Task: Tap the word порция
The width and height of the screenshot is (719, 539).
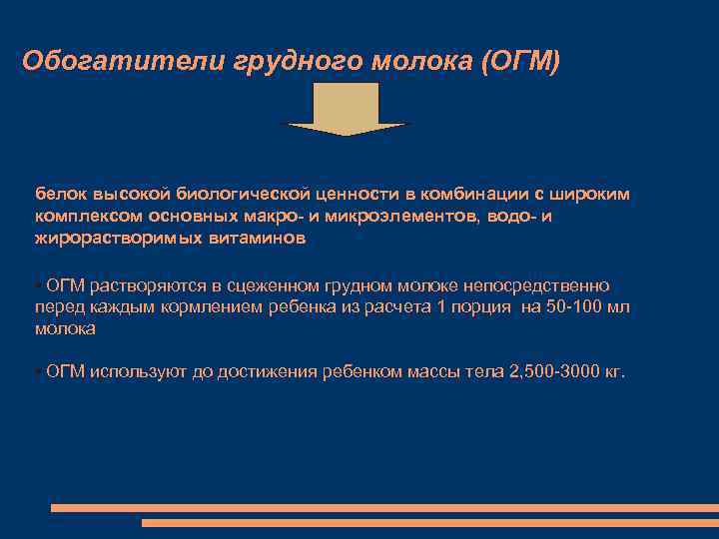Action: pyautogui.click(x=482, y=306)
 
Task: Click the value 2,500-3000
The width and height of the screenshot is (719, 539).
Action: pyautogui.click(x=553, y=371)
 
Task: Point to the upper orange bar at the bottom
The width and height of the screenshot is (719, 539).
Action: pyautogui.click(x=384, y=508)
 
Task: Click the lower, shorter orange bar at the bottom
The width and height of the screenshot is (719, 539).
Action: pyautogui.click(x=429, y=522)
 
